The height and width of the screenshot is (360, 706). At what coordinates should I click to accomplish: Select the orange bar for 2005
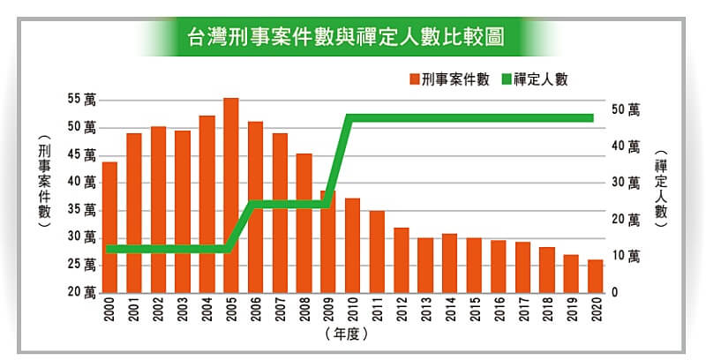pyautogui.click(x=231, y=194)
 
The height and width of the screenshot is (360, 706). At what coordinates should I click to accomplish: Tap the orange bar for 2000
pyautogui.click(x=110, y=226)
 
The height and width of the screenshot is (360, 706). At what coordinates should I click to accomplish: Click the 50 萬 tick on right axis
pyautogui.click(x=625, y=109)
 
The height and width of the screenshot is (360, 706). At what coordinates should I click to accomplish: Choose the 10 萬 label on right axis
pyautogui.click(x=625, y=256)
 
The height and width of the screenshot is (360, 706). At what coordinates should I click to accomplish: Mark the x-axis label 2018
pyautogui.click(x=547, y=310)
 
